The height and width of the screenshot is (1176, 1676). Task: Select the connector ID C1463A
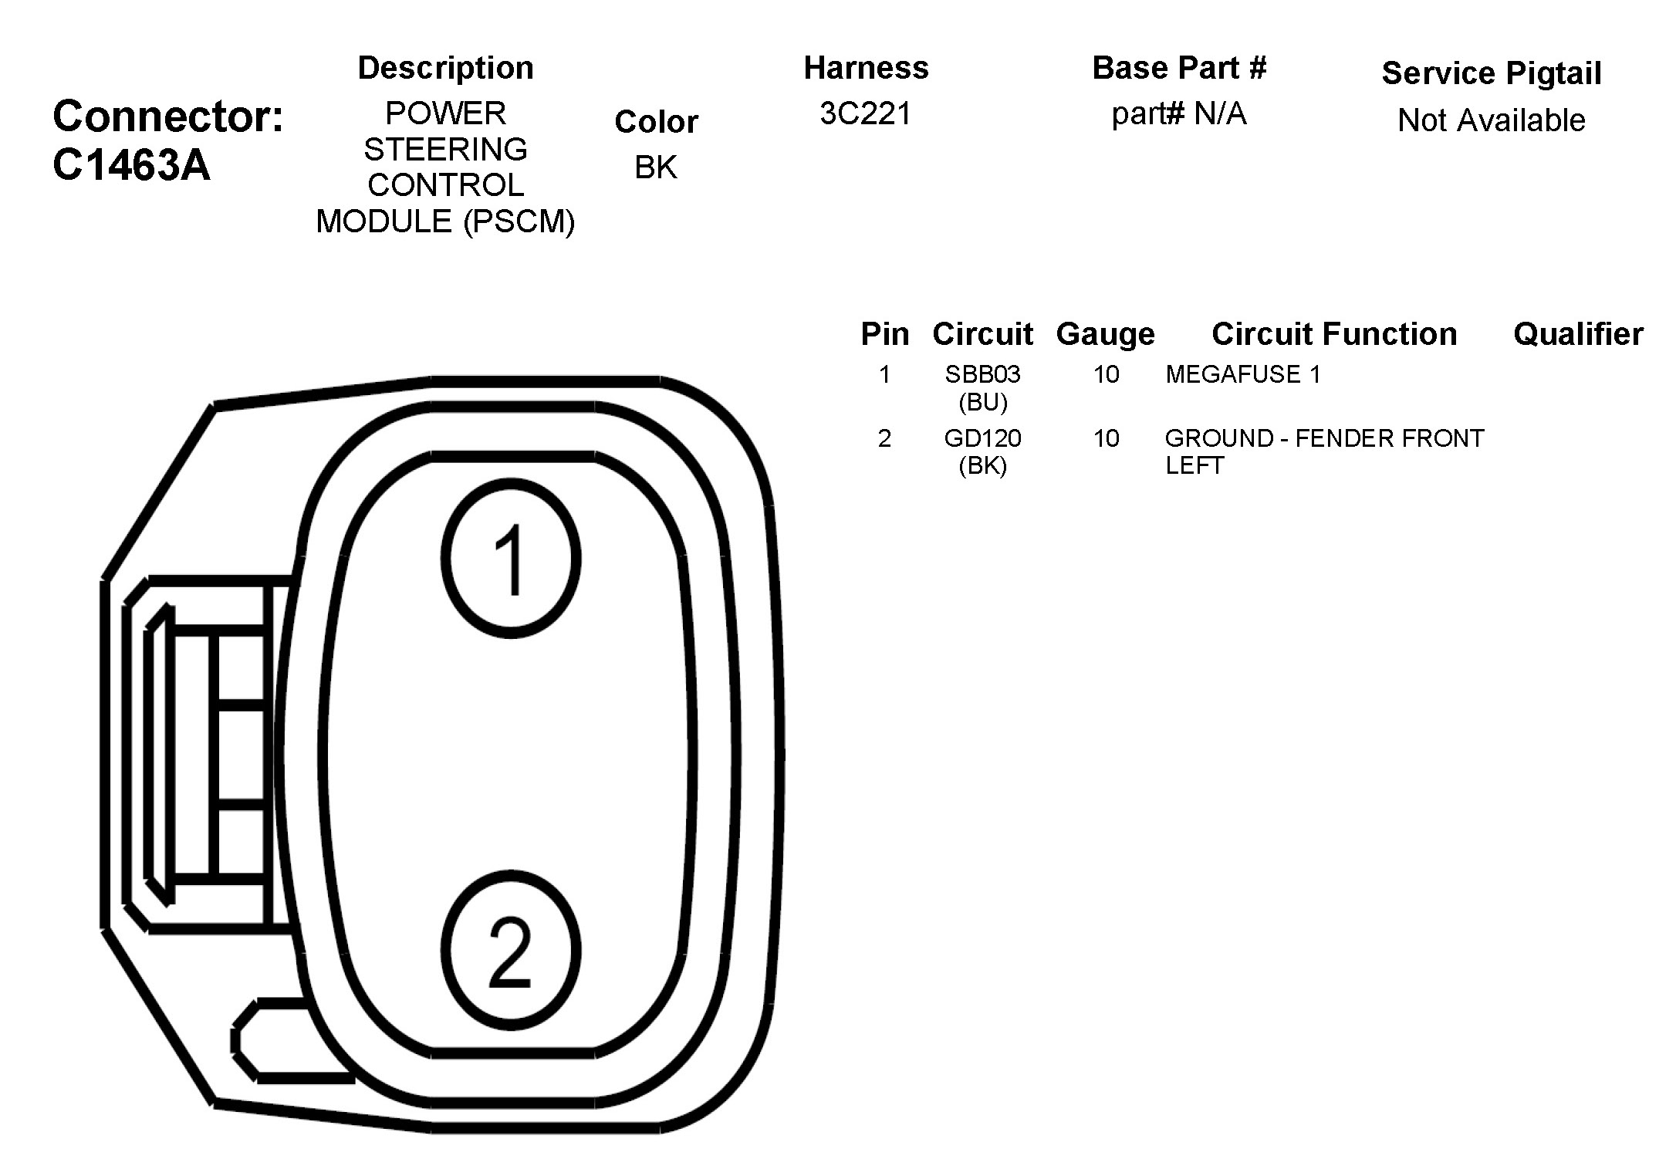click(x=131, y=165)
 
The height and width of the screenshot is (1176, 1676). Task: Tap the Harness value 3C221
click(x=866, y=114)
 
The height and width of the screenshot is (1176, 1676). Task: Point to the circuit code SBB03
click(x=982, y=374)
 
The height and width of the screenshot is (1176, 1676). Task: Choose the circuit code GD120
click(x=982, y=438)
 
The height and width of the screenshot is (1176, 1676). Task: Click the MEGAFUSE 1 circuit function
click(x=1243, y=374)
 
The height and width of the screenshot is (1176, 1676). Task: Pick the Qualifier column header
click(x=1578, y=334)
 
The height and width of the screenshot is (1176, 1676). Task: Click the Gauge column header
click(x=1105, y=335)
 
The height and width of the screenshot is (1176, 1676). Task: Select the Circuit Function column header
click(x=1334, y=334)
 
